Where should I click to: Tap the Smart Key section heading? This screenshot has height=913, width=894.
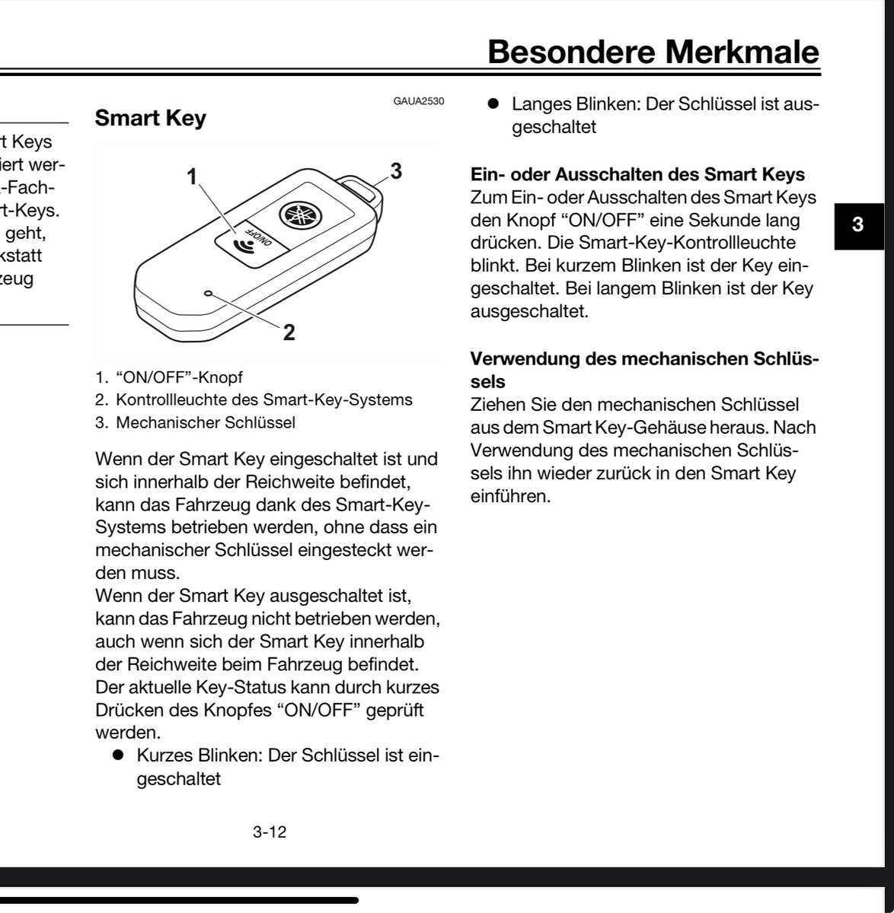pyautogui.click(x=149, y=119)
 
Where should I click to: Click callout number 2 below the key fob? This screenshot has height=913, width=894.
pyautogui.click(x=289, y=332)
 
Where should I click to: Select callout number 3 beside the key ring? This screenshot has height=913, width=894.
pyautogui.click(x=394, y=170)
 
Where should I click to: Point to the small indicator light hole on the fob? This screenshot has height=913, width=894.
pyautogui.click(x=208, y=293)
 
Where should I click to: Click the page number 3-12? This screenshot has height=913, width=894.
pyautogui.click(x=269, y=832)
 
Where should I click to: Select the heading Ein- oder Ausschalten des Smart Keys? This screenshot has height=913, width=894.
pyautogui.click(x=638, y=174)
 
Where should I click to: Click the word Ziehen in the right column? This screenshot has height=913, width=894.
pyautogui.click(x=495, y=406)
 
